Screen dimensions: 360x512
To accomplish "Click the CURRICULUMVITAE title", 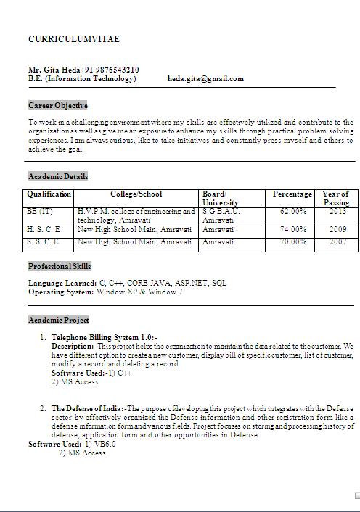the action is click(x=73, y=38).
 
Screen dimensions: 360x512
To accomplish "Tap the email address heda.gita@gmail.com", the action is click(x=205, y=78).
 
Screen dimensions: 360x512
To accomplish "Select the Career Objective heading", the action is click(x=58, y=105).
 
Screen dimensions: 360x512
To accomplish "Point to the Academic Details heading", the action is click(x=58, y=176).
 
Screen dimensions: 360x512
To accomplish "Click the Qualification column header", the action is click(x=49, y=194).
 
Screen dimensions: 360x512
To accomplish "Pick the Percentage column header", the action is click(x=292, y=194).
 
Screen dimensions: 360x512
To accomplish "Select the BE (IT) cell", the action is click(x=40, y=212).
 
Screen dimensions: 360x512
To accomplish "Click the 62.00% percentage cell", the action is click(x=292, y=212).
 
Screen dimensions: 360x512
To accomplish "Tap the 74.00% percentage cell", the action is click(x=292, y=230).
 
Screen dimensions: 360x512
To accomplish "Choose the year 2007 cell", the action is click(x=337, y=241).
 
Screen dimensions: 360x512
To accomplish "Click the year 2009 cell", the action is click(x=337, y=230).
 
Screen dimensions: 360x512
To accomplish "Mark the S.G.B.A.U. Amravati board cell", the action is click(x=220, y=215).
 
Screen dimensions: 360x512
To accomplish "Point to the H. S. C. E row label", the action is click(x=44, y=230).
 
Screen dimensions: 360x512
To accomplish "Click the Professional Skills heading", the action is click(x=60, y=266).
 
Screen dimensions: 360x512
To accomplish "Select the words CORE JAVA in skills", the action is click(x=147, y=283).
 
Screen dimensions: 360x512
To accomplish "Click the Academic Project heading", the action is click(x=59, y=320).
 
